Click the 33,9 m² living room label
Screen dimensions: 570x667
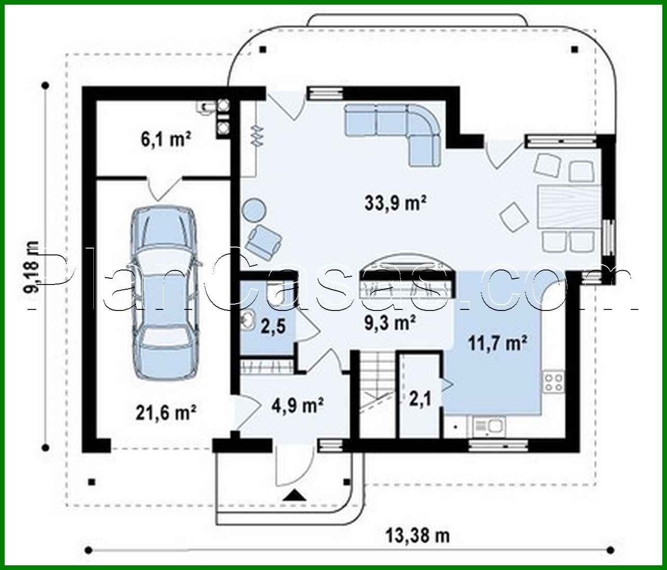(395, 202)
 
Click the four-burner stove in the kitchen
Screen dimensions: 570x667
(553, 383)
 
